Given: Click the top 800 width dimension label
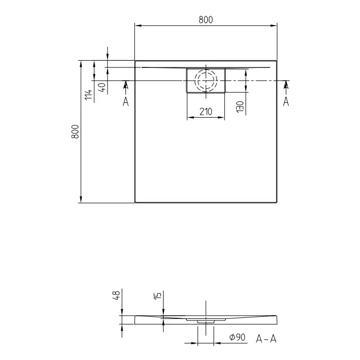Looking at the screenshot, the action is (206, 20).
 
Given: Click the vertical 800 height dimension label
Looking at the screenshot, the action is (75, 132).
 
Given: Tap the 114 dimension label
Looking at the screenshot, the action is (88, 95).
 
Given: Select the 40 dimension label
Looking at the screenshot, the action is (102, 87).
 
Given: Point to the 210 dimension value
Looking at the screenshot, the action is (206, 112).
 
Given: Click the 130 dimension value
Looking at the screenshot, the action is (240, 107).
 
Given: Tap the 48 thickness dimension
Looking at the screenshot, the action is (116, 295).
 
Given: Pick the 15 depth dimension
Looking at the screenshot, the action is (158, 296).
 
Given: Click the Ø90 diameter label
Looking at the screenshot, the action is (238, 337).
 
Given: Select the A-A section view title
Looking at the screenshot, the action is (266, 338).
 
